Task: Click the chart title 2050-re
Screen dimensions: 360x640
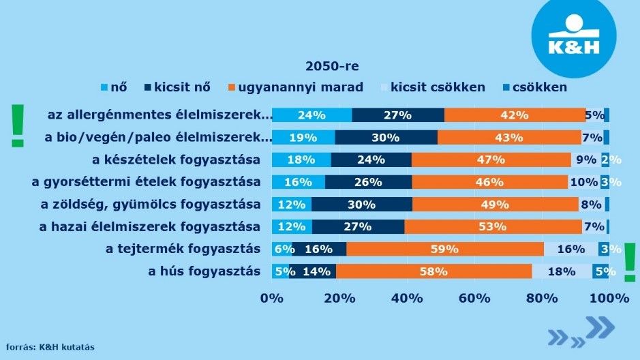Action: (332, 66)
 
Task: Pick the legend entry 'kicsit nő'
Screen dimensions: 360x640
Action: (177, 87)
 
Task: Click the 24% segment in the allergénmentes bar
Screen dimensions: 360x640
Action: (311, 115)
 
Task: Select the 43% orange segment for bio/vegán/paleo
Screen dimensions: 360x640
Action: (508, 138)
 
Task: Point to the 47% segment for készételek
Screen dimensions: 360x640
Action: (491, 160)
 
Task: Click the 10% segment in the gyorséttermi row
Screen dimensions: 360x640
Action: (583, 182)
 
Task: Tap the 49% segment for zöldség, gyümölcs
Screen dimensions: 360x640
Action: (495, 205)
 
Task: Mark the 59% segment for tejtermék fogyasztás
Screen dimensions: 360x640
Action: (444, 249)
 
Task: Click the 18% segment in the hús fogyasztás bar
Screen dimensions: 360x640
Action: (562, 271)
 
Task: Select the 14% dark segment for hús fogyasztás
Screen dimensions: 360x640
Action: (312, 271)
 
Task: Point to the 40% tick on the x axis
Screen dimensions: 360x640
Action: (407, 298)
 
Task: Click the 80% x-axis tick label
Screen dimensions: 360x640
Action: (543, 298)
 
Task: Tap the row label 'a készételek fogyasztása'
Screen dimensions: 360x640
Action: (176, 160)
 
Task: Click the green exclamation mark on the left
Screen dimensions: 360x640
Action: (17, 126)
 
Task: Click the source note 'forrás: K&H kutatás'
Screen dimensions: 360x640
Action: (51, 347)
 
